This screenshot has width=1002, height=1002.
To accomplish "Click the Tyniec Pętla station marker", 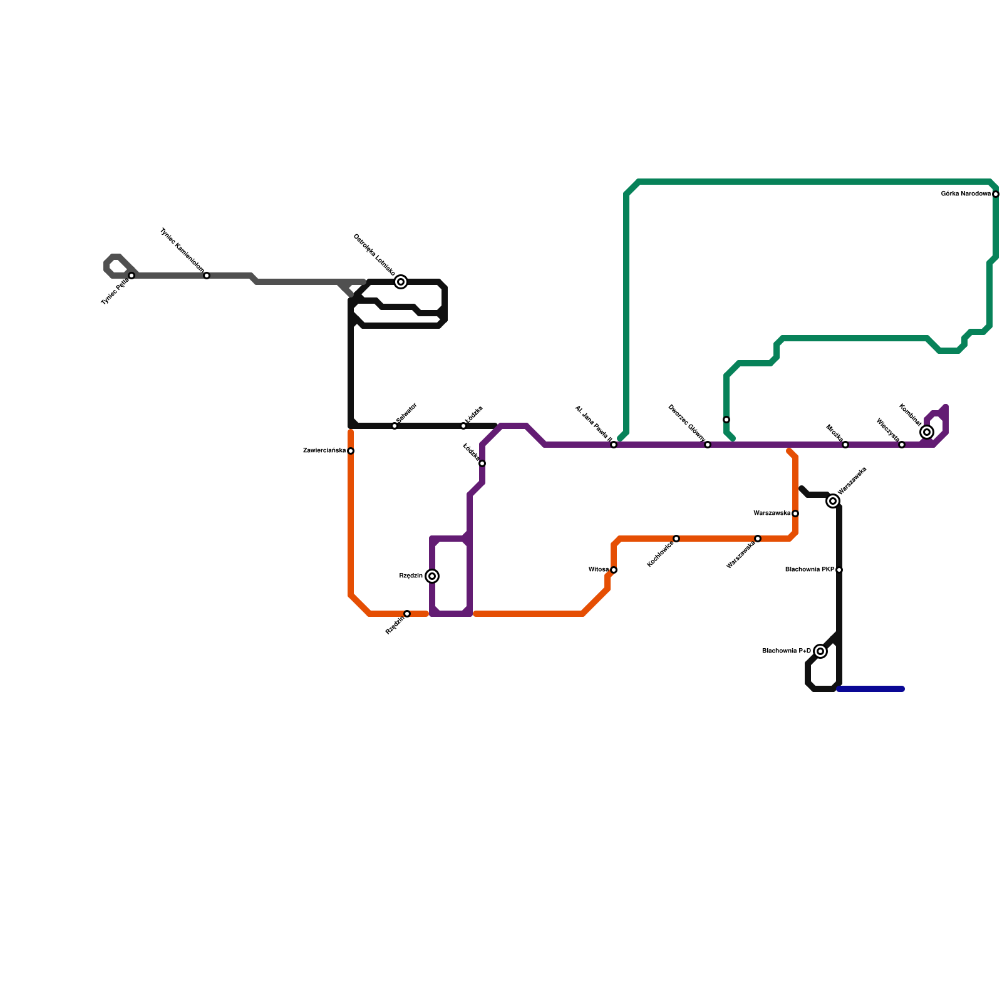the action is pos(132,276).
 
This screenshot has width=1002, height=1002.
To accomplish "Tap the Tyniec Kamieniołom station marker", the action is pos(207,276).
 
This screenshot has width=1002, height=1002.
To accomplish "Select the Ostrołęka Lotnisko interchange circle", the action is pos(401,282).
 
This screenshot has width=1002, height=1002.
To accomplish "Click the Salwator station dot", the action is pos(395,426).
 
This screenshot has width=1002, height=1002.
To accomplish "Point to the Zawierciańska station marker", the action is pos(351,451).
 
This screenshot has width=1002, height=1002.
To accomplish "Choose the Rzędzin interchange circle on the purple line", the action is pos(432,576).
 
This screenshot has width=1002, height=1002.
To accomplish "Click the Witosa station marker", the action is pos(614,570).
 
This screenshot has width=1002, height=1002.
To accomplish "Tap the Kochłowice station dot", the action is pos(676,539).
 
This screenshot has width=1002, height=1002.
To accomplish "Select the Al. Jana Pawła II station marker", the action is pos(614,445).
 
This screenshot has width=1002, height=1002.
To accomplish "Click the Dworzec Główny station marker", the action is pos(708,445).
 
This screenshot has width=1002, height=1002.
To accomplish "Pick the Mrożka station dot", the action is pos(845,445).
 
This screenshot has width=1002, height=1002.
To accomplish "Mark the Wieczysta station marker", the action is pos(902,445).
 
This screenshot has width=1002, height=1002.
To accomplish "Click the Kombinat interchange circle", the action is pos(927,432).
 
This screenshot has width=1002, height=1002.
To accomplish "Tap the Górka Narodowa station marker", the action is pos(996,194).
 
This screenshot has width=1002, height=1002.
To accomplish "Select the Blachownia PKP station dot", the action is pos(839,570).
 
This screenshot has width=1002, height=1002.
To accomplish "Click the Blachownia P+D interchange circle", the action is pos(820,651).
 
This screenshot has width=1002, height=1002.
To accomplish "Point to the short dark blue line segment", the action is pos(870,689).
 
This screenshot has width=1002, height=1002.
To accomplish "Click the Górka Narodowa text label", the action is pos(966,194).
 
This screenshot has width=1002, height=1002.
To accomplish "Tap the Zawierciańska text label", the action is pos(324,451).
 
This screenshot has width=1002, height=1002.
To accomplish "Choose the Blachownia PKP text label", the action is pos(810,570).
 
